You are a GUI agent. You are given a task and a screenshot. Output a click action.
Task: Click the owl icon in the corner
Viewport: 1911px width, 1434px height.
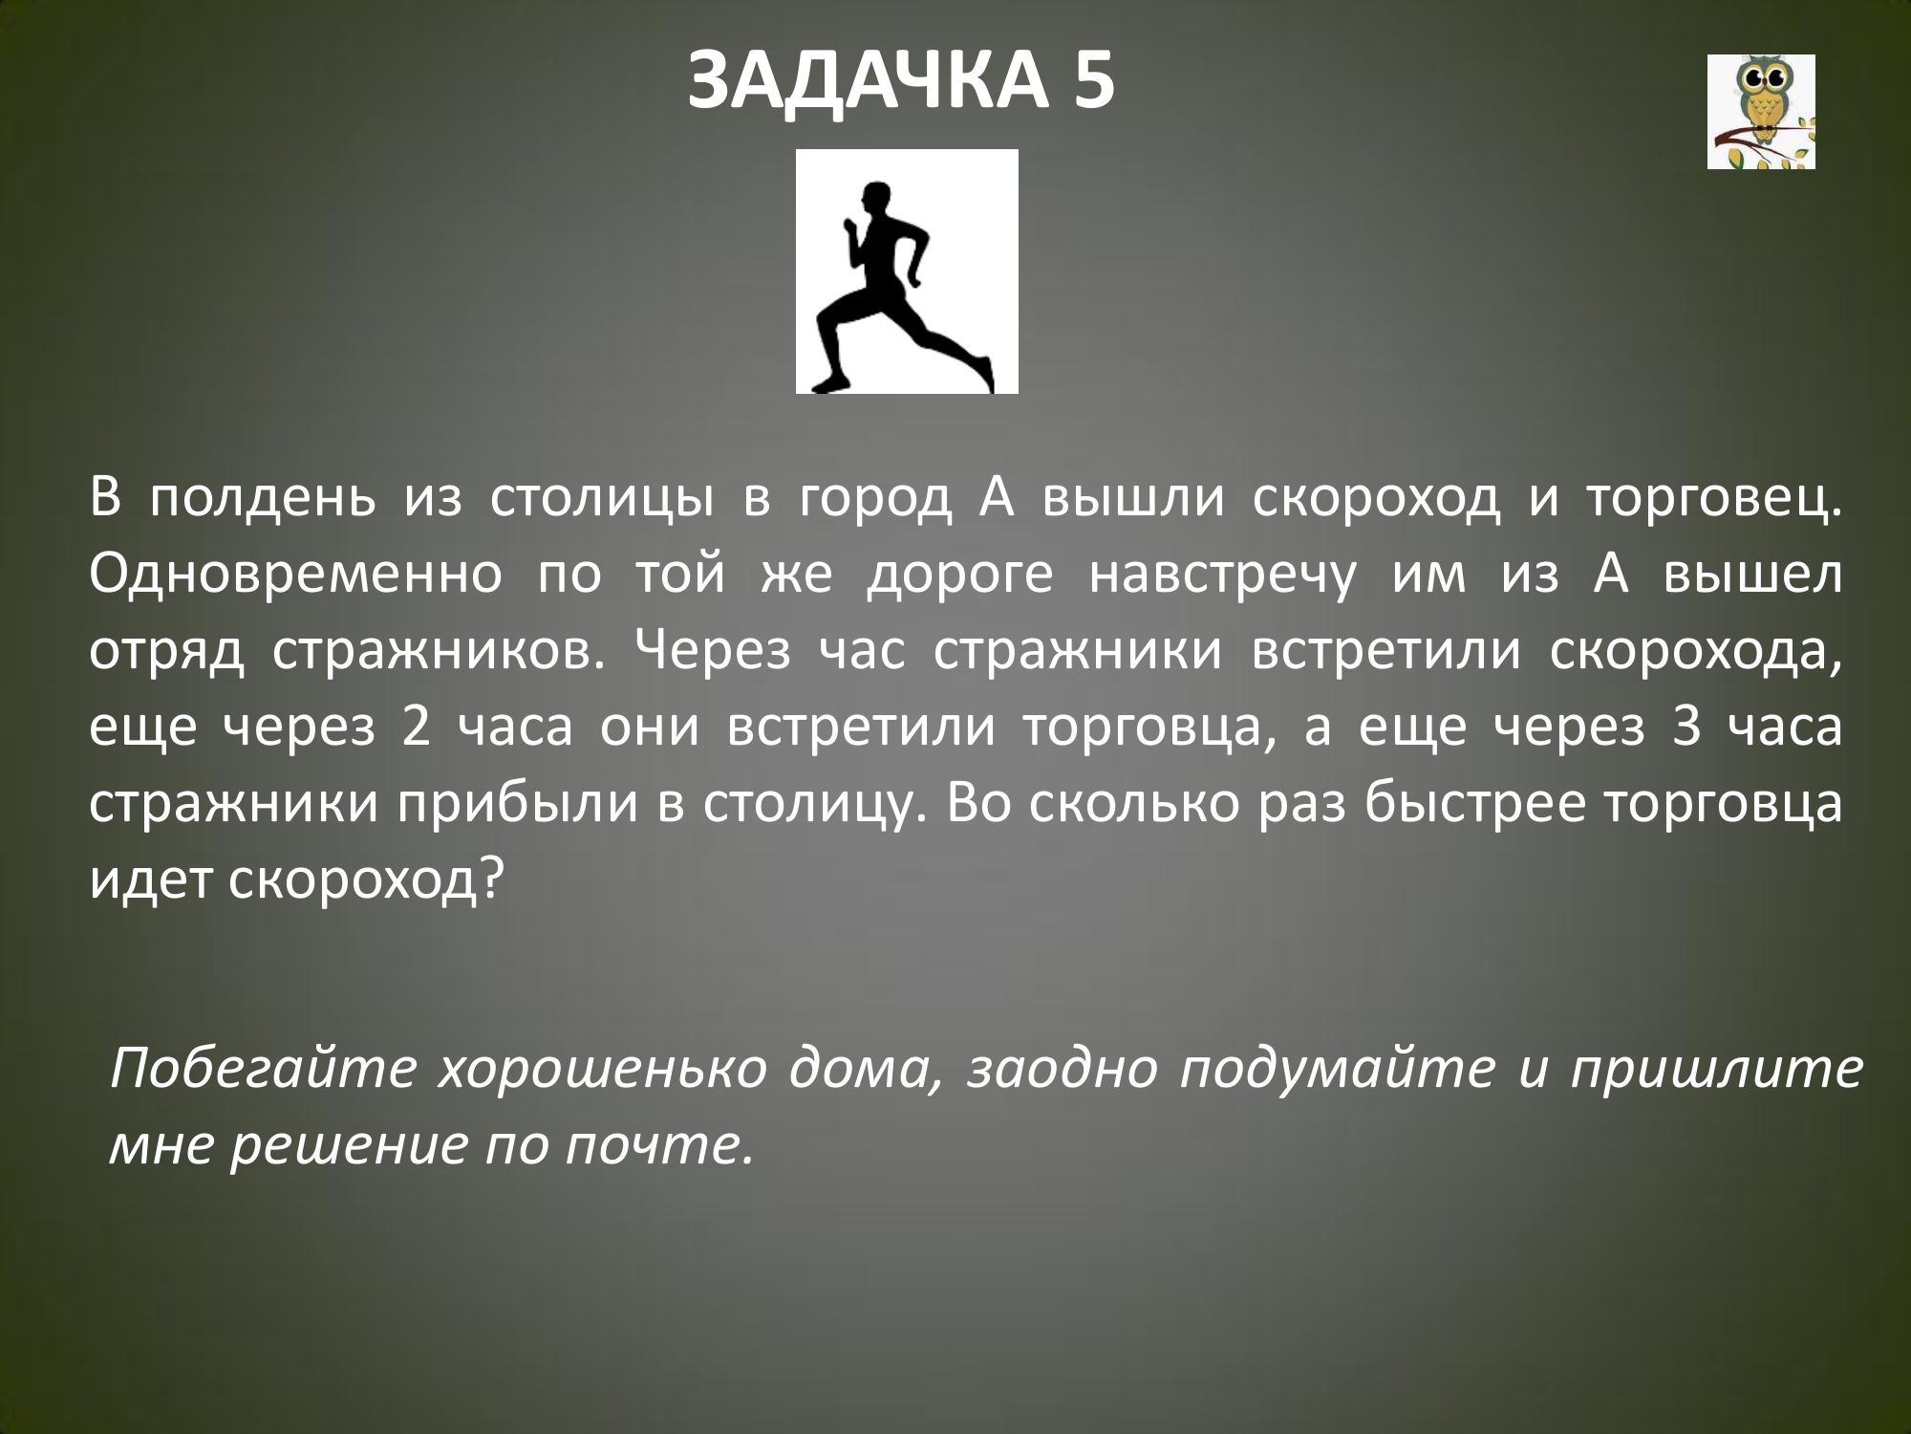(x=1761, y=112)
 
